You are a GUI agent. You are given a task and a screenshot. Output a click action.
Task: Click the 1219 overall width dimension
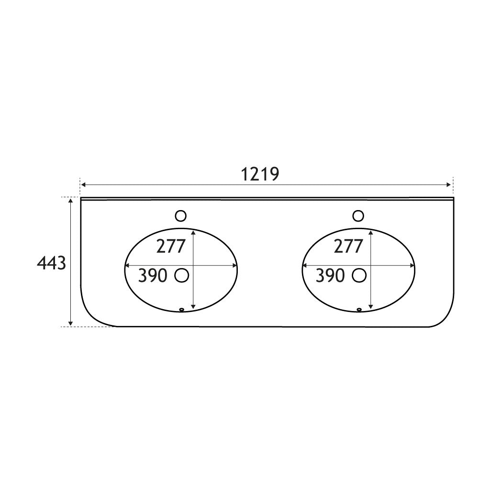coord(260,175)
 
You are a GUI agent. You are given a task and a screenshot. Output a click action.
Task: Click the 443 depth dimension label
coord(51,263)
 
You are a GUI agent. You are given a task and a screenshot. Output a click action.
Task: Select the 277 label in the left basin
coord(171,246)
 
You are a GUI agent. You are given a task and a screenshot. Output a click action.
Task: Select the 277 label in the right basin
coord(348,246)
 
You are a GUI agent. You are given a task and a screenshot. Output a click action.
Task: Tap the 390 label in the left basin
coord(153,275)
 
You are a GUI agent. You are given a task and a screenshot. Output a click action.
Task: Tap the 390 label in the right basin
coord(330,275)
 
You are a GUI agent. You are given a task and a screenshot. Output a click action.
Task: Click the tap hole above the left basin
coord(180,216)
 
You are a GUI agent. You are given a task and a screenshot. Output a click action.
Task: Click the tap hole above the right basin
coord(358,216)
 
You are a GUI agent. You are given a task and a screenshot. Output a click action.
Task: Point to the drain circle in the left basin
coord(182,275)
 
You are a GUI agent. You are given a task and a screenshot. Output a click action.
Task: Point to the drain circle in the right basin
coord(359,275)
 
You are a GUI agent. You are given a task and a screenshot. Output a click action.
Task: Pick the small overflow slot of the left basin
coord(181,310)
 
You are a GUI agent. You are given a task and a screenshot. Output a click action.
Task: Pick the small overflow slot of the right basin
coord(359,310)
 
